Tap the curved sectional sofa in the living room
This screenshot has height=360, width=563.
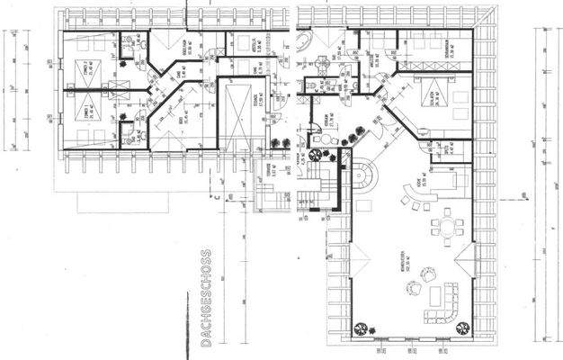click(448, 296)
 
